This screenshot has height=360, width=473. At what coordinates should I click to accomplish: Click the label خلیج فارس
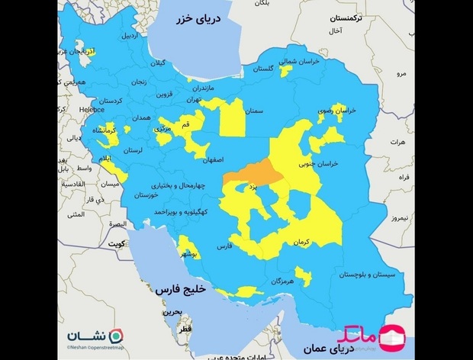pos(178,291)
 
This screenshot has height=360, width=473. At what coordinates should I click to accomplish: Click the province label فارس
pos(224,248)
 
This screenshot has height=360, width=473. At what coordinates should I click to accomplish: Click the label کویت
pos(116,245)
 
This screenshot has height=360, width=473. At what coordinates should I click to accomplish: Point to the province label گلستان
pos(261,69)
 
